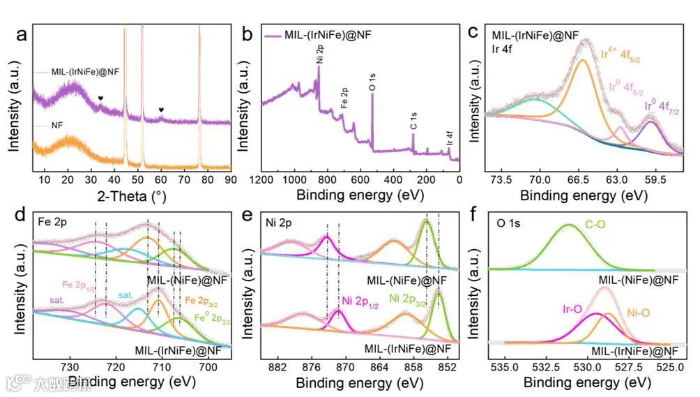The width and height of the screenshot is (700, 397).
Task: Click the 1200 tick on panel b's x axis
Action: (x=261, y=179)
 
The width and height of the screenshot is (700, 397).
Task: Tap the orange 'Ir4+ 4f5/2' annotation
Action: (x=620, y=55)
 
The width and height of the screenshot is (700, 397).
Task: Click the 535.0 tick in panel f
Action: (x=503, y=366)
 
